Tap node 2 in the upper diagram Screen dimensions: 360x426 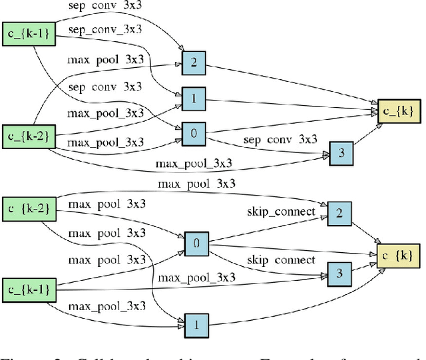tap(194, 63)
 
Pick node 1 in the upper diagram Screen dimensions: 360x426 tap(194, 98)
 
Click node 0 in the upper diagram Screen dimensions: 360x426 tap(194, 133)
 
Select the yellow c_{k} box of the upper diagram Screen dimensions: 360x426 tap(399, 111)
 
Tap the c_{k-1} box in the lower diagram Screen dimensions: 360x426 tap(27, 289)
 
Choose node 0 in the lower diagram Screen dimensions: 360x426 tap(196, 244)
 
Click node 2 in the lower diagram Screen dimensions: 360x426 tap(339, 213)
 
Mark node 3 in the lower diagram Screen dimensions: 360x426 tap(339, 273)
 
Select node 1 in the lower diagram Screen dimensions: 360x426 tap(196, 325)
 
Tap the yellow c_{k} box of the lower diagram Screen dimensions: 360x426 tap(399, 254)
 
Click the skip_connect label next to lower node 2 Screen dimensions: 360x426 tap(280, 212)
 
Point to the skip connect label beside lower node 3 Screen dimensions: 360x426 tap(280, 259)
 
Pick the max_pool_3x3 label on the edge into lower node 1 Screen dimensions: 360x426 tap(106, 305)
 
